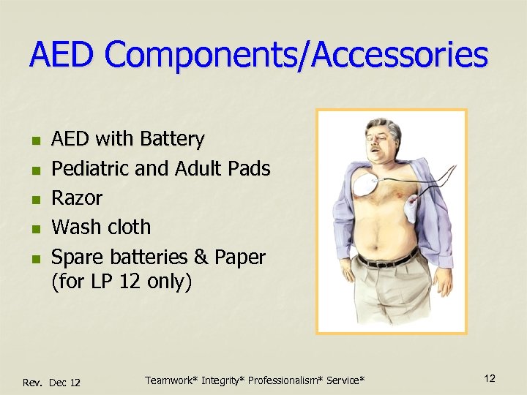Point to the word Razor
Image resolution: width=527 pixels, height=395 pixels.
[x=77, y=197]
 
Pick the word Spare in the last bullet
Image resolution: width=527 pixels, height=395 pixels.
[x=78, y=257]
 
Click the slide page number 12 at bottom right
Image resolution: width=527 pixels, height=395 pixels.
[x=490, y=378]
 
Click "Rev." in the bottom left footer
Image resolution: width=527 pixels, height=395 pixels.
[x=34, y=383]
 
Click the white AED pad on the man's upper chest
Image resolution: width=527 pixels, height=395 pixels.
[x=366, y=186]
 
